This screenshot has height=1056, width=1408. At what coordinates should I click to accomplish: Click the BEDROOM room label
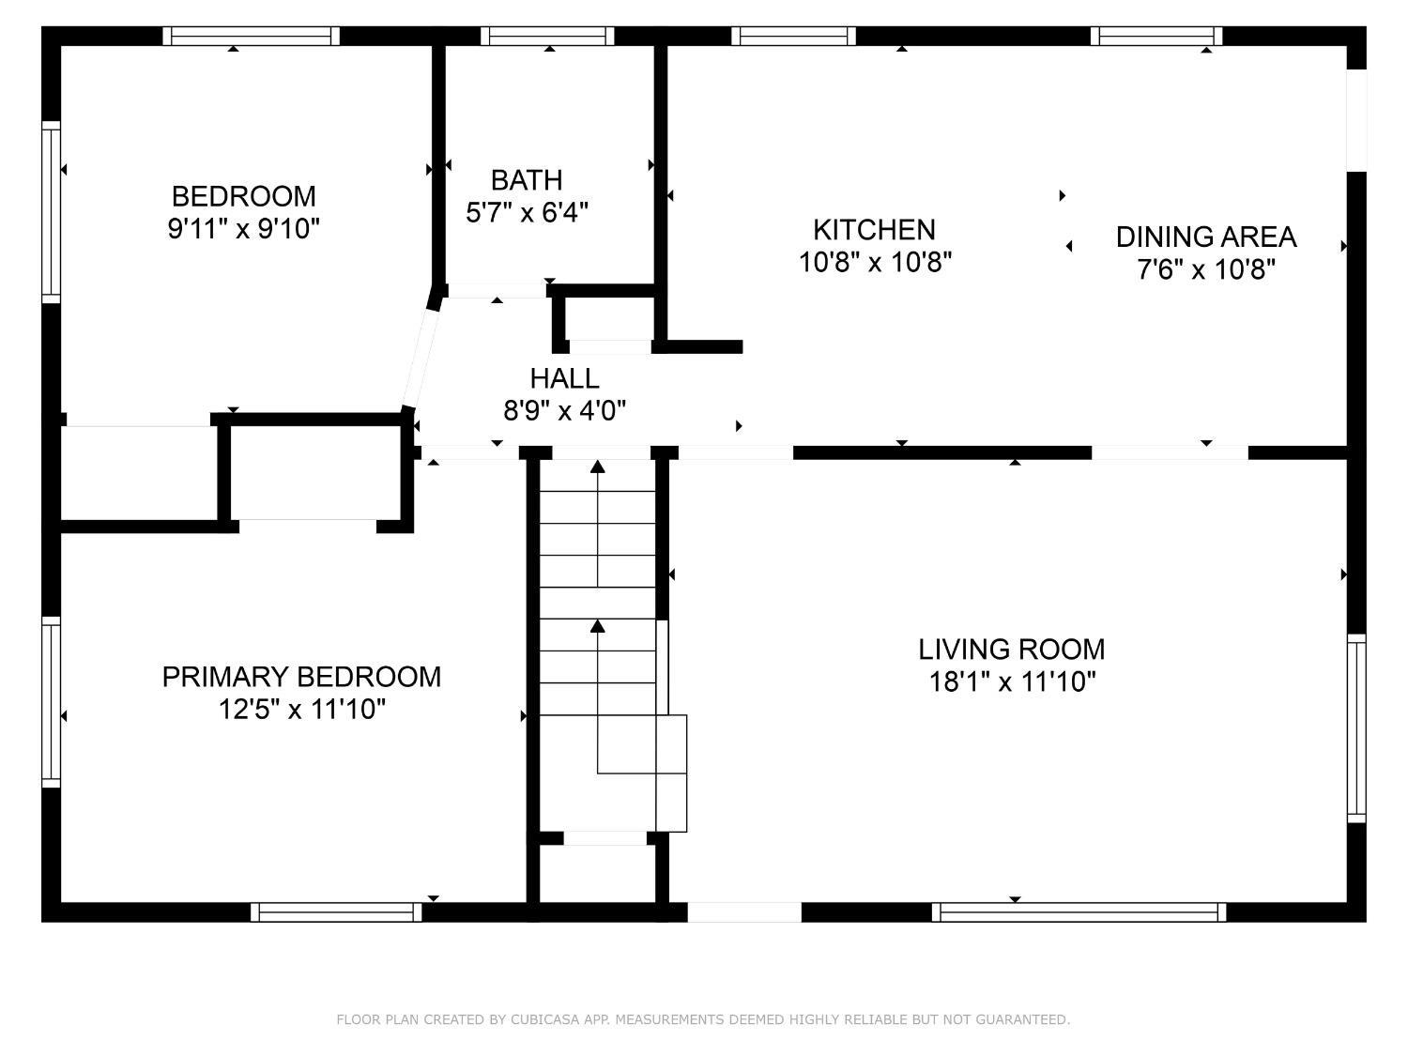point(244,196)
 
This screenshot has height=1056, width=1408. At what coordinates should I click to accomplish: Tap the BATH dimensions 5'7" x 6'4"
point(527,211)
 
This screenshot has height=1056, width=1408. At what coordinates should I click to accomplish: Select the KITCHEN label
point(874,230)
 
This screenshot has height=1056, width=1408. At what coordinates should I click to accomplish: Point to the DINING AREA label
point(1206,237)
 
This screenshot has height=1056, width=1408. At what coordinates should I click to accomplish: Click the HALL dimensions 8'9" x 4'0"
point(564,409)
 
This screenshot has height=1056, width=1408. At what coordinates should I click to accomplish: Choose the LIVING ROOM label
point(1012,650)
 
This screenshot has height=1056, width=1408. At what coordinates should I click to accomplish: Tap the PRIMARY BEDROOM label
point(301,677)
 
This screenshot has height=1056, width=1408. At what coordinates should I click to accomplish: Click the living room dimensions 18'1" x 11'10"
point(1012,681)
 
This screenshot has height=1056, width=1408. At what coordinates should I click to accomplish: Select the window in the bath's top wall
point(547,37)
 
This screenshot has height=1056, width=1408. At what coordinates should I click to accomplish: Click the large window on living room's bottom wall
point(1079,911)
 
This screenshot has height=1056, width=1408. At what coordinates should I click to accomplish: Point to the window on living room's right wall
point(1356,727)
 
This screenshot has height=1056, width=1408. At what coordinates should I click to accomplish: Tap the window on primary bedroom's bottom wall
point(336,911)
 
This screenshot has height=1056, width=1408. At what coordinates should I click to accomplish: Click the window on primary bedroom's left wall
point(52,702)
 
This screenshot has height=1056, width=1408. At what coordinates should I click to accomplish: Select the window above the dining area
point(1156,37)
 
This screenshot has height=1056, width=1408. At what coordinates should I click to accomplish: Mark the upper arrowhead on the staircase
point(598,467)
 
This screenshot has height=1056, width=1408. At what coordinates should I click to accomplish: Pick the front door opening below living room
point(744,911)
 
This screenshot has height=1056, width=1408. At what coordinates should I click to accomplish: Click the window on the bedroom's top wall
point(251,37)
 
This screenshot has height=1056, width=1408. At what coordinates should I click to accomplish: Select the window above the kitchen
point(793,37)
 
